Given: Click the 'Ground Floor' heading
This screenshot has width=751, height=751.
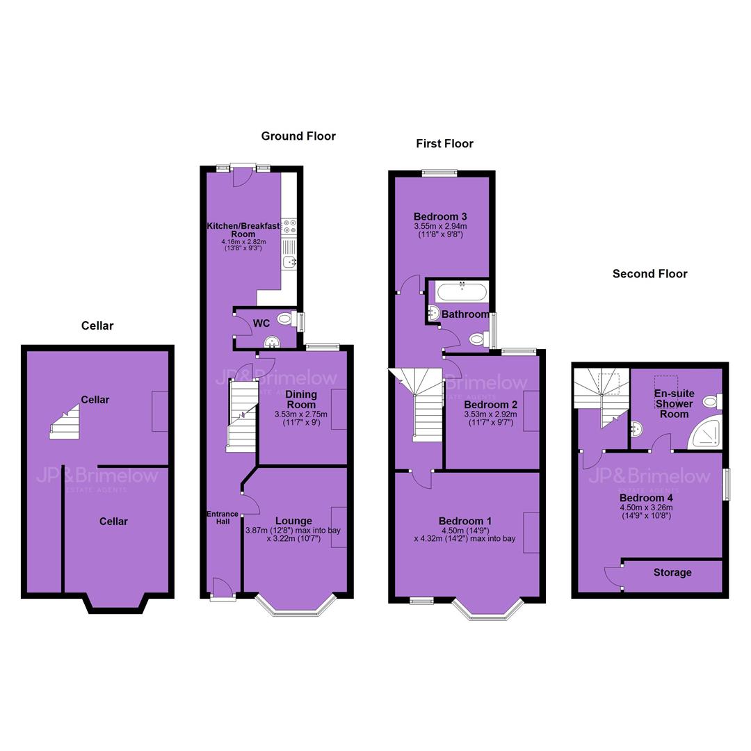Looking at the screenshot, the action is pyautogui.click(x=298, y=136).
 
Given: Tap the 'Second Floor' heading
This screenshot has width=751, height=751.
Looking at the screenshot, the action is pyautogui.click(x=650, y=274).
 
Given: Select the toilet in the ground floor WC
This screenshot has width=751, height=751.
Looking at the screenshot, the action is pyautogui.click(x=287, y=318).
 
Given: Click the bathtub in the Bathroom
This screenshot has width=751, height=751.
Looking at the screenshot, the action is pyautogui.click(x=462, y=291).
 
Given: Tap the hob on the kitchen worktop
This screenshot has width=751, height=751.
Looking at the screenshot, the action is pyautogui.click(x=289, y=226).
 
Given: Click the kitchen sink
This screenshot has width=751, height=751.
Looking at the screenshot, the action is pyautogui.click(x=289, y=261).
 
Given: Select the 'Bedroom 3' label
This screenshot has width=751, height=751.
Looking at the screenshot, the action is pyautogui.click(x=440, y=217).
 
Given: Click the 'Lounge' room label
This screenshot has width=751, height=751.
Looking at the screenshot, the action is pyautogui.click(x=293, y=521).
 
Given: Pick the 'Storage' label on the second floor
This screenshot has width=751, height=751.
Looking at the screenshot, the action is pyautogui.click(x=672, y=572).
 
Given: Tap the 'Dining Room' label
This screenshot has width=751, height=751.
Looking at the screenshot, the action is pyautogui.click(x=301, y=399).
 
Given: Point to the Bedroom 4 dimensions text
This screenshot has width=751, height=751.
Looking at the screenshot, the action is pyautogui.click(x=646, y=512).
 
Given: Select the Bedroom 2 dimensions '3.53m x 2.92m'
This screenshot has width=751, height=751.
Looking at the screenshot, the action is pyautogui.click(x=490, y=414).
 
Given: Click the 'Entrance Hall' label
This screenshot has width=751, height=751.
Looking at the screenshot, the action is pyautogui.click(x=223, y=518).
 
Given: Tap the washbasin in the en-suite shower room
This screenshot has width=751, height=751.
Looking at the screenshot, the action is pyautogui.click(x=636, y=428).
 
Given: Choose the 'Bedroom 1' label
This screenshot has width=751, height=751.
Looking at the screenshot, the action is pyautogui.click(x=465, y=521).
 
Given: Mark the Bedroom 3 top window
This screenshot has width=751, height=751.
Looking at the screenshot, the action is pyautogui.click(x=439, y=173).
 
